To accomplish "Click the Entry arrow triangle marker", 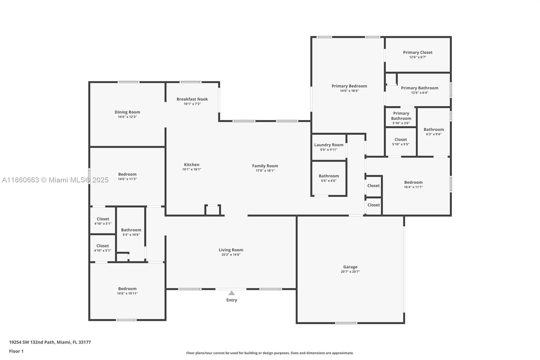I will click(232, 293).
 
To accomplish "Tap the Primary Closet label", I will click(417, 52).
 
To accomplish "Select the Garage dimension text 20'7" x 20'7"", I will click(350, 272).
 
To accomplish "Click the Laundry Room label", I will click(328, 145).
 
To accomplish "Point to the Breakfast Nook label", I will click(192, 99).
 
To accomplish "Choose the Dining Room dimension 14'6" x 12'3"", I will click(127, 117).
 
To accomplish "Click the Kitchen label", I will click(191, 164).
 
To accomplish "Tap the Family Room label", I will click(265, 166).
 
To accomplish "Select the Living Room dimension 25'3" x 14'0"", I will click(231, 255).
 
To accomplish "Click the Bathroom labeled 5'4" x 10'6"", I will click(131, 230).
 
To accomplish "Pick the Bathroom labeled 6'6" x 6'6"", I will click(328, 176).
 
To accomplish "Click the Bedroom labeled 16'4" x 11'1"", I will click(413, 182).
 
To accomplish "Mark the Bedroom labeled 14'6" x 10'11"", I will click(127, 289).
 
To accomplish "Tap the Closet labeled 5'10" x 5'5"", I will click(401, 139).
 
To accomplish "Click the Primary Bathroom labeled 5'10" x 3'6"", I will click(401, 116).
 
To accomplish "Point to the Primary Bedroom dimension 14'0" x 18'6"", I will click(349, 91).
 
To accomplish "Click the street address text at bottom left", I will click(50, 342).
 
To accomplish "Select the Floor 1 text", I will click(16, 351).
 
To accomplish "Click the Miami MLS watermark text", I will click(55, 180).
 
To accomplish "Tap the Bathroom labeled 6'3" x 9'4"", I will click(433, 129).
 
